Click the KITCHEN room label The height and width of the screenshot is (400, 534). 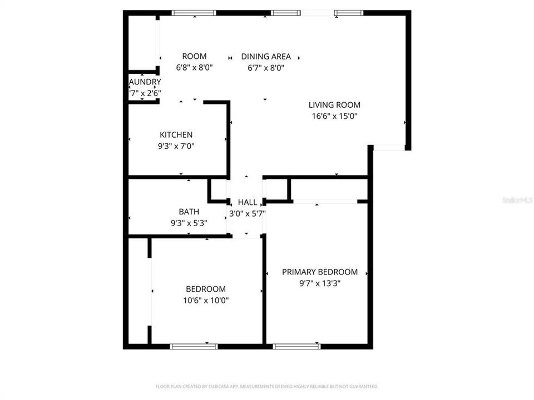coord(176,134)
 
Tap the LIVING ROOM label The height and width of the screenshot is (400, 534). coord(334,104)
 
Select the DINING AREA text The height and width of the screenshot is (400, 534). coord(266,56)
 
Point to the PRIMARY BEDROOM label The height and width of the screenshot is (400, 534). coord(319,272)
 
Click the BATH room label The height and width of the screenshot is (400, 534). coord(189,212)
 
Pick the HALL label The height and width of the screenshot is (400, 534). coord(248,202)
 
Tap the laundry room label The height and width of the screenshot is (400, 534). coord(145,82)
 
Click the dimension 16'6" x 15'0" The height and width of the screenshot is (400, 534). coord(334,116)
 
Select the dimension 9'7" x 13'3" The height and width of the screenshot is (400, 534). coord(319,283)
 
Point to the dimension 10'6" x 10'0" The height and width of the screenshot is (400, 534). coord(206,301)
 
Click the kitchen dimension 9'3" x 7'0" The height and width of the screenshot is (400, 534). coord(176,146)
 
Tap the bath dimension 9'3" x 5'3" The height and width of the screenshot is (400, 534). coord(189,223)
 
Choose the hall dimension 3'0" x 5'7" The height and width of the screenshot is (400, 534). coord(248,213)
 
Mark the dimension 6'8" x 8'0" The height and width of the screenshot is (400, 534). coord(194,68)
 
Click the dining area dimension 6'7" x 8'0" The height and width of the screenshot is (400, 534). coord(266,68)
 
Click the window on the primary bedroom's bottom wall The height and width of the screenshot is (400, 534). coord(296,346)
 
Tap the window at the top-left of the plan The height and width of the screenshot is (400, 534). coord(194,12)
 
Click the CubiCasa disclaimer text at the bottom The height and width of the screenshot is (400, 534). coord(267,386)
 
